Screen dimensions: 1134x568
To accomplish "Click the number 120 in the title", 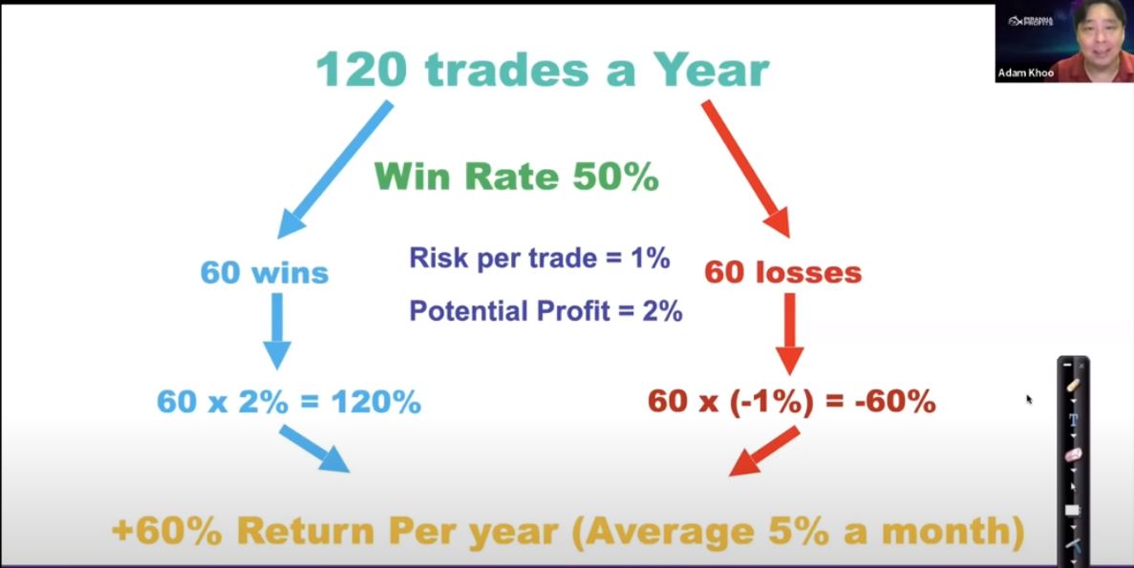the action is (362, 70).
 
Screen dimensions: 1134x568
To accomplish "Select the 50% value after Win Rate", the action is (615, 177).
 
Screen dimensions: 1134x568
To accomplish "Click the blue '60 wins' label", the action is (264, 273).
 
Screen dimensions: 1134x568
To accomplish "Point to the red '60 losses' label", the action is (783, 273).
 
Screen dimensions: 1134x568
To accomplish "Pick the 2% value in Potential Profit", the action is (660, 311).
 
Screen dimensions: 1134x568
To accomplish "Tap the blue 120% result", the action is (376, 402).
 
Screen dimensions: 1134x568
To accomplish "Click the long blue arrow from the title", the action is (334, 169).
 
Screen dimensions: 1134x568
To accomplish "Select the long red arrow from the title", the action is (746, 169).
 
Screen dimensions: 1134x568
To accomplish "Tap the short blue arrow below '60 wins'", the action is (276, 331).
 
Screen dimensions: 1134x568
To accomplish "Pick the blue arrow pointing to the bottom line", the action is (314, 449).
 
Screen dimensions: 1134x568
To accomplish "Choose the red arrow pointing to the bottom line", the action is (764, 451).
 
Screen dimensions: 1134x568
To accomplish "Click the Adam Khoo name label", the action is (1025, 73).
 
